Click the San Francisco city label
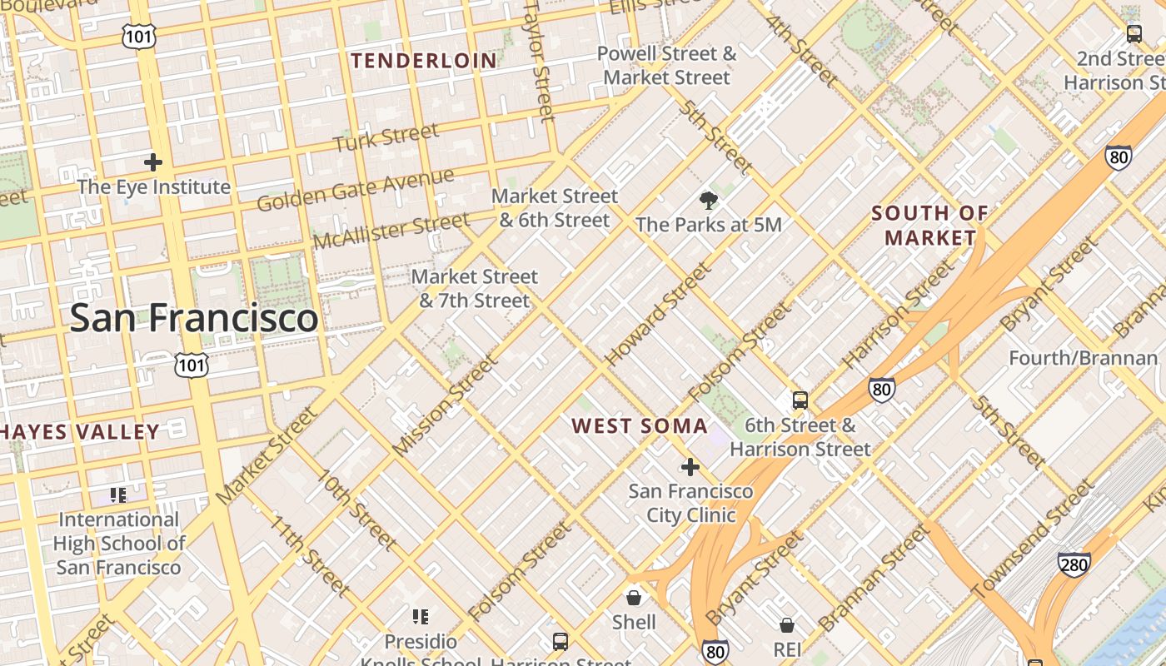tap(193, 318)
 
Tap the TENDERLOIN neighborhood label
tap(424, 61)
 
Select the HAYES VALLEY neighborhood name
tap(80, 431)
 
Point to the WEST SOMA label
tap(640, 426)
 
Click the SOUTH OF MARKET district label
tap(929, 226)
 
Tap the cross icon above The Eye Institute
tap(153, 162)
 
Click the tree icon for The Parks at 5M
tap(709, 200)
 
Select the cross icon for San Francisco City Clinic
tap(690, 467)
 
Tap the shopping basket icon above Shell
tap(634, 597)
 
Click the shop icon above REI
tap(787, 624)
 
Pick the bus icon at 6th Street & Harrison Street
tap(800, 400)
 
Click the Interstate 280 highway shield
tap(1074, 564)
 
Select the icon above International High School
tap(118, 495)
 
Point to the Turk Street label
tap(386, 137)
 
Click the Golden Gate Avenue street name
tap(356, 190)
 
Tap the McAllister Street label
tap(391, 231)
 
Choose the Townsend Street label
tap(1033, 539)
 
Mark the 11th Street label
tap(310, 555)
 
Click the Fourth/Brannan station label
tap(1083, 358)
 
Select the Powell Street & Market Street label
tap(666, 66)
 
